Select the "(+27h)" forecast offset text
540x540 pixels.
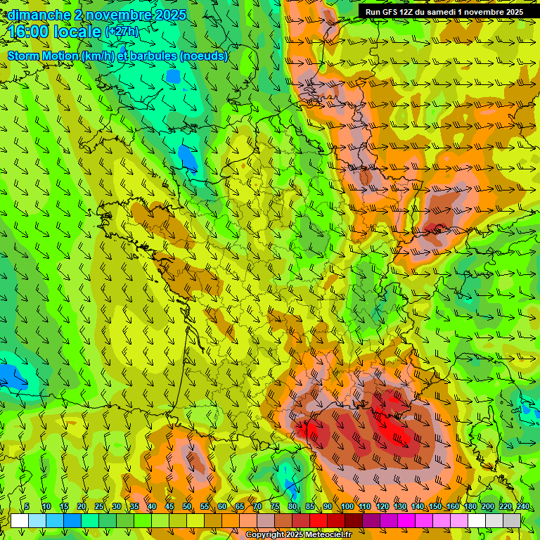pos(122,32)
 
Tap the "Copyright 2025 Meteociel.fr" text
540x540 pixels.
pos(298,535)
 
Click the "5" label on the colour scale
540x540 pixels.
pos(27,507)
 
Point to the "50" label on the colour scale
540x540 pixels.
pos(187,507)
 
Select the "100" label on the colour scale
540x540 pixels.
pos(347,507)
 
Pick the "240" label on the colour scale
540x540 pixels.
pos(522,507)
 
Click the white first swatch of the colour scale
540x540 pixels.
pos(20,520)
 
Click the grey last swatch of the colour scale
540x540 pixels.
pos(512,520)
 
